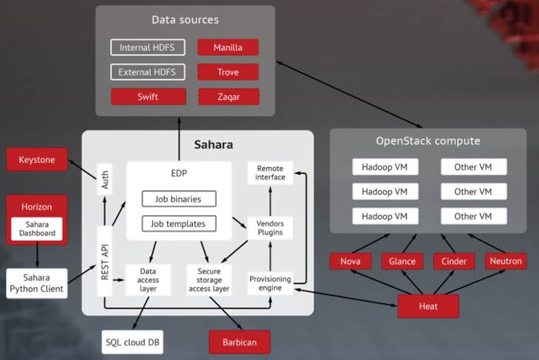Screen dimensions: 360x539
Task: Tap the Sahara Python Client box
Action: coord(36,283)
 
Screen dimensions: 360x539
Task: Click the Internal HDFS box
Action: coord(148,48)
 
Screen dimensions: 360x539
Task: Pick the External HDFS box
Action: coord(148,72)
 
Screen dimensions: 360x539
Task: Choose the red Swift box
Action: coord(148,97)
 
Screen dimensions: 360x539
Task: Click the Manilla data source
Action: coord(228,48)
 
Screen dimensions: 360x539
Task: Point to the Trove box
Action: coord(228,72)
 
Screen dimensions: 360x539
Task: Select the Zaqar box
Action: coord(228,97)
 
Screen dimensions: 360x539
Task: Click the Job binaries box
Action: coord(179,199)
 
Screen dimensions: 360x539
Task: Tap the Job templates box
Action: coord(179,223)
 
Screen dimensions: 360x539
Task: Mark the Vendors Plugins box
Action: coord(270,227)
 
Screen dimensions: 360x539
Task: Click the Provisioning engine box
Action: coord(270,283)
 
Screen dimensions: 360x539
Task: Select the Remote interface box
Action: coord(270,172)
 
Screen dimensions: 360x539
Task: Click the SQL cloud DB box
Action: coord(132,342)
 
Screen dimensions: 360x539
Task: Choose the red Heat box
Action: coord(428,305)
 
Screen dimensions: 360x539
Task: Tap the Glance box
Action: coord(403,261)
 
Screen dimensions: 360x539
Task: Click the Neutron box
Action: coord(506,261)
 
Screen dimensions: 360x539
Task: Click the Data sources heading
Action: coord(185,19)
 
